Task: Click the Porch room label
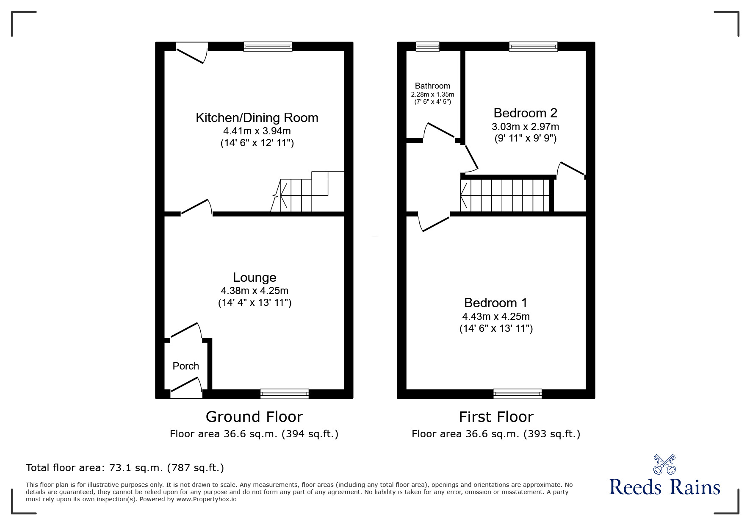185,366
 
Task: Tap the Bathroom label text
432,86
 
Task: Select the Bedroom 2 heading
525,113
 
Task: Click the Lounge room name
255,277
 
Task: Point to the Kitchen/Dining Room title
257,117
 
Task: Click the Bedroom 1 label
496,303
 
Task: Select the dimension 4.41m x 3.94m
257,131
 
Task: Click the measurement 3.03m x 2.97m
525,126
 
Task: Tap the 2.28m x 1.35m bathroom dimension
432,94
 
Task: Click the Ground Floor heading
254,417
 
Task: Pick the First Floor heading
496,417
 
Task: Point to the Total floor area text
125,468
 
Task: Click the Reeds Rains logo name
664,487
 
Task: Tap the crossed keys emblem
664,464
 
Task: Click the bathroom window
427,47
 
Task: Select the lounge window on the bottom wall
284,394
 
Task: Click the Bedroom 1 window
517,394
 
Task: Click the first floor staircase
506,195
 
